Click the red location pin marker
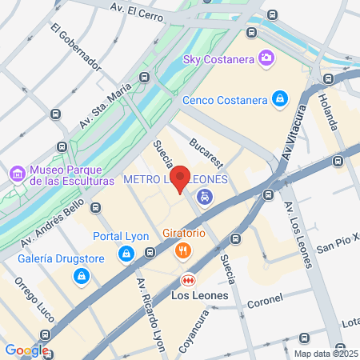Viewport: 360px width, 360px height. click(x=181, y=178)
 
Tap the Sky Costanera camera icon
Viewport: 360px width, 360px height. click(x=265, y=58)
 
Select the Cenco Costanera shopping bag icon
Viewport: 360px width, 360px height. click(x=279, y=99)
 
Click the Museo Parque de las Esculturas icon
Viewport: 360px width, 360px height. click(x=17, y=174)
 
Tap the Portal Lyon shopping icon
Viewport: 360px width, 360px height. click(x=126, y=254)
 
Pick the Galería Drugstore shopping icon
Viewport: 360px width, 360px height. click(x=80, y=276)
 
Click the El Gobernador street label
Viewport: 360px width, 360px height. click(x=77, y=47)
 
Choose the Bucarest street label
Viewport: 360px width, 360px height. click(x=206, y=152)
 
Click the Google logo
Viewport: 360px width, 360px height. click(x=26, y=350)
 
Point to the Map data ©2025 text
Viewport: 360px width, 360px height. click(x=326, y=354)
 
